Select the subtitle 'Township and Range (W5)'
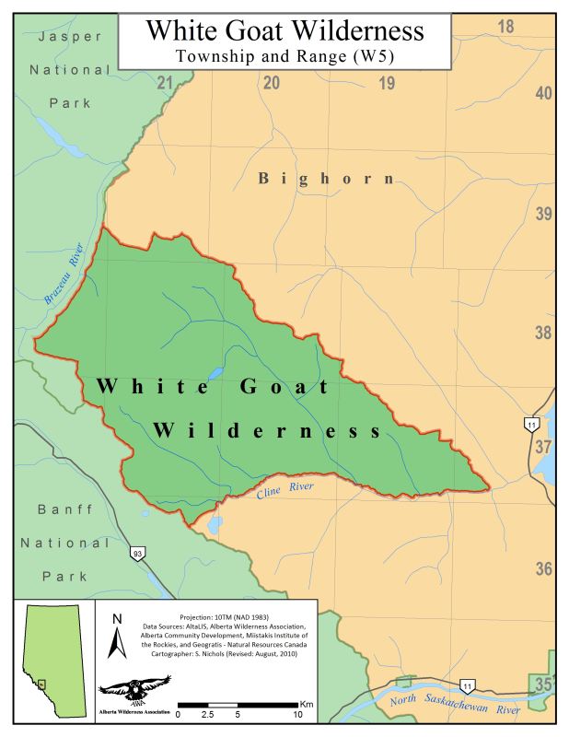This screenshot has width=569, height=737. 284,57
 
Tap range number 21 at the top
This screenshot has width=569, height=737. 165,84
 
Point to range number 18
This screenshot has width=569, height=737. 505,26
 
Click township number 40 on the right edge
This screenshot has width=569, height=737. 544,93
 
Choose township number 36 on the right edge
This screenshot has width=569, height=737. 544,568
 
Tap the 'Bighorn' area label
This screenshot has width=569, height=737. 326,178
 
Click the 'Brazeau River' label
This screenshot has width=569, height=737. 64,275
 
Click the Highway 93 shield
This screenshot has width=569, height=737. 135,554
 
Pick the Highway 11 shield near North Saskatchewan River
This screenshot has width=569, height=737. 468,686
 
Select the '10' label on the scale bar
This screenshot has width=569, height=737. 297,714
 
